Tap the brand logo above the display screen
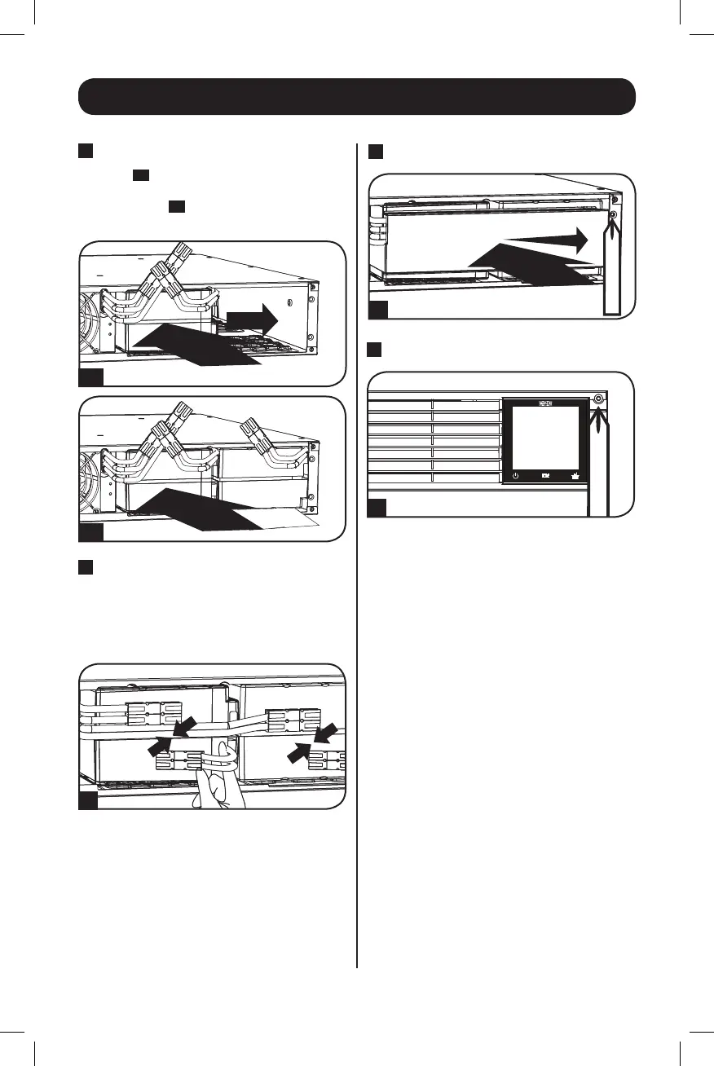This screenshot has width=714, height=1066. coord(545,403)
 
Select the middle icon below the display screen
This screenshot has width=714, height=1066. coord(545,475)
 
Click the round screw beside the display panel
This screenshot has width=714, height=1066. coord(599,399)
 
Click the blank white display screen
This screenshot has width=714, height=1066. coord(545,437)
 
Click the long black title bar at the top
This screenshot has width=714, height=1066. coord(356,97)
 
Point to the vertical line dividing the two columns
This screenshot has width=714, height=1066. coord(358,554)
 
